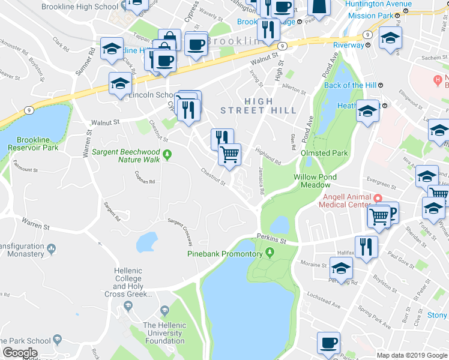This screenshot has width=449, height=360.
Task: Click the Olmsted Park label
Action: (x=324, y=153)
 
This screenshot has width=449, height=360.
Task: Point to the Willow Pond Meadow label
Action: (x=315, y=181)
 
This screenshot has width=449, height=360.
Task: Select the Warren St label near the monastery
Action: (x=35, y=226)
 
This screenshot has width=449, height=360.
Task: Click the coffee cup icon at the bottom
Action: (x=328, y=343)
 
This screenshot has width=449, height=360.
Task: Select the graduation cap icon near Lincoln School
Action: (x=120, y=84)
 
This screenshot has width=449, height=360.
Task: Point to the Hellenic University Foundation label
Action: (x=164, y=333)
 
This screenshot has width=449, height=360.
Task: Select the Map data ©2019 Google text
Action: (x=412, y=355)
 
